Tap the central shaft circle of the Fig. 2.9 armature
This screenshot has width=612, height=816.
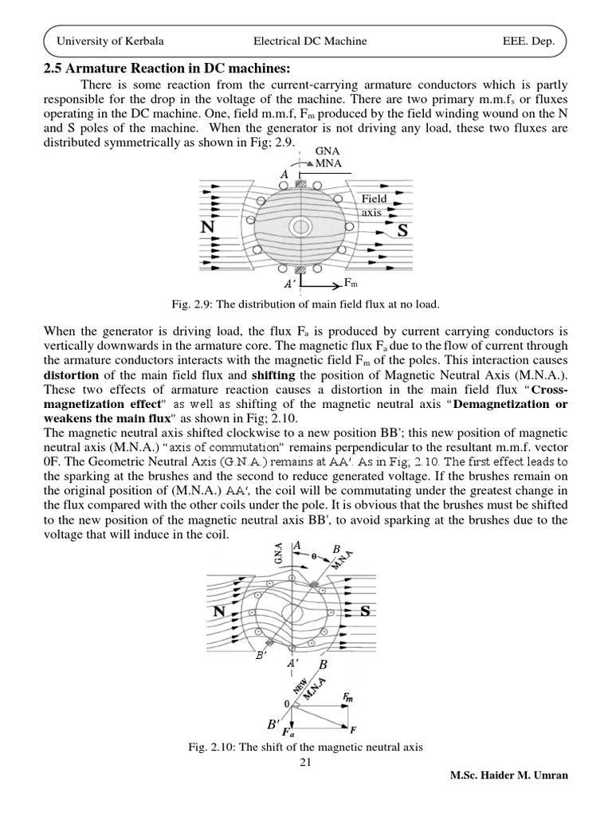300,227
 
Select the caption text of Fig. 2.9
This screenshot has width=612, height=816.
304,304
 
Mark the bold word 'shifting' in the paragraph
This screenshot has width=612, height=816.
273,375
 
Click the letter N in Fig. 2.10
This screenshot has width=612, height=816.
218,612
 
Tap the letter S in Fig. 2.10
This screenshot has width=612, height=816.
365,611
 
